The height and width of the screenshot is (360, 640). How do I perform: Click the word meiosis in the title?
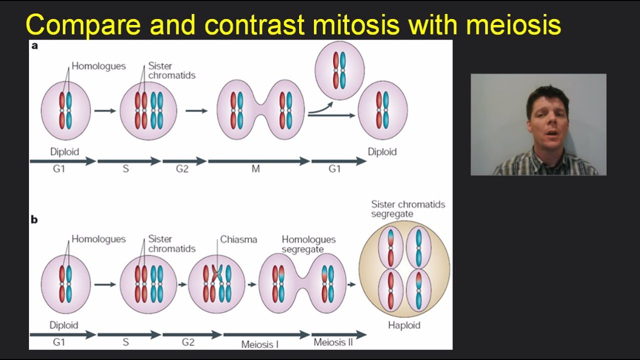pyautogui.click(x=513, y=25)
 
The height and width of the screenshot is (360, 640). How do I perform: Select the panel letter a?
pyautogui.click(x=34, y=46)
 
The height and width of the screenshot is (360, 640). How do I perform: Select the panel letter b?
pyautogui.click(x=34, y=219)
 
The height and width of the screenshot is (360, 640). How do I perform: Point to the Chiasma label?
pyautogui.click(x=238, y=239)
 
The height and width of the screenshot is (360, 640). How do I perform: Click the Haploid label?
pyautogui.click(x=404, y=325)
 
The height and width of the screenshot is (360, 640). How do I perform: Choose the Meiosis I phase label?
pyautogui.click(x=260, y=344)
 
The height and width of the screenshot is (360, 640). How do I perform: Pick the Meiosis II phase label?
pyautogui.click(x=333, y=342)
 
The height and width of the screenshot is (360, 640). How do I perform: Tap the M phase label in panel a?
pyautogui.click(x=255, y=169)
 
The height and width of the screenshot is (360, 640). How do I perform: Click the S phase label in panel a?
pyautogui.click(x=125, y=169)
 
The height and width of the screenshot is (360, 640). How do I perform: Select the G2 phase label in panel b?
pyautogui.click(x=182, y=342)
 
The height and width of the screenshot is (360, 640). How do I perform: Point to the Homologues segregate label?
pyautogui.click(x=308, y=244)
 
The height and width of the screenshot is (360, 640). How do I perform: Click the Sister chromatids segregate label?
pyautogui.click(x=407, y=209)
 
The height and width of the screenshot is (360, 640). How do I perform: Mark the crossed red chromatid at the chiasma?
pyautogui.click(x=216, y=274)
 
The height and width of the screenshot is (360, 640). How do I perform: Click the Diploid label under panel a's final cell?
pyautogui.click(x=382, y=151)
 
